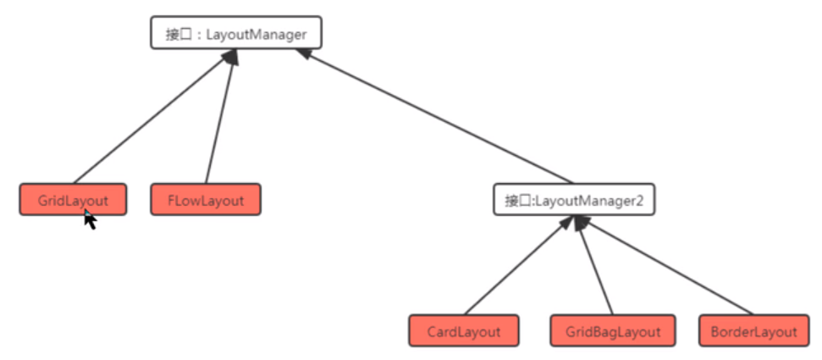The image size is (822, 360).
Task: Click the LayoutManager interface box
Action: pos(235,33)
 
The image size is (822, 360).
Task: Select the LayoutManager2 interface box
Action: pos(574,200)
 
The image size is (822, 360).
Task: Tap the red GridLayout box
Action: pos(73,200)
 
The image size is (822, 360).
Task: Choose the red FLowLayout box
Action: pos(206,200)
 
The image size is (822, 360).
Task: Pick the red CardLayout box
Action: pos(463,330)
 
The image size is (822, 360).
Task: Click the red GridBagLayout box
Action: pos(613,330)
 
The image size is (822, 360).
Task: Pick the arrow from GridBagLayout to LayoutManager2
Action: pos(595,265)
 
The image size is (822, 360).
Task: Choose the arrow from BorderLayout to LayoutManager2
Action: pos(665,265)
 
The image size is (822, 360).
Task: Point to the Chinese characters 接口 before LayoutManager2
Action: pos(517,201)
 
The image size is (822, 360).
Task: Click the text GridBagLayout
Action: pos(613,331)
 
